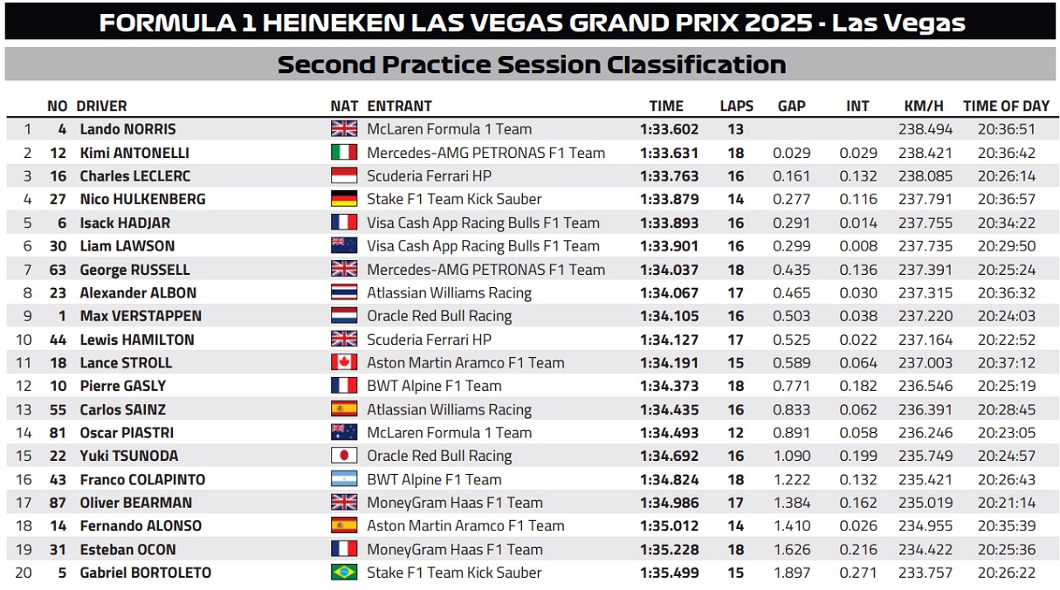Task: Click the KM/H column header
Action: tap(924, 106)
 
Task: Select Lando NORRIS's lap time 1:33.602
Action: tap(669, 129)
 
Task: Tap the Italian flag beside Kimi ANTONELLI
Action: tap(344, 153)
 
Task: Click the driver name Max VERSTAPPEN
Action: tap(141, 316)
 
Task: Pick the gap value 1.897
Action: tap(791, 573)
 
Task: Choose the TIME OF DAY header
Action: tap(1006, 106)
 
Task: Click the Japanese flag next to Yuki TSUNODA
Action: tap(344, 456)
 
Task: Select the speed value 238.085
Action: tap(926, 175)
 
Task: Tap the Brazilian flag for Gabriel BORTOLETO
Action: tap(344, 573)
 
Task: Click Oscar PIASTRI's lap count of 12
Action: tap(735, 432)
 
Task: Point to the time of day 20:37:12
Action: tap(1006, 362)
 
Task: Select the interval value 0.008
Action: tap(857, 246)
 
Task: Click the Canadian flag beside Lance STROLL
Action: tap(344, 362)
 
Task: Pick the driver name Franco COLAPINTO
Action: tap(142, 479)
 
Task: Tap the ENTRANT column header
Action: tap(399, 106)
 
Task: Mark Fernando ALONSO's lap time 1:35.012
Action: tap(669, 525)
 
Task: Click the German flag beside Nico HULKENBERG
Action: tap(344, 199)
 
